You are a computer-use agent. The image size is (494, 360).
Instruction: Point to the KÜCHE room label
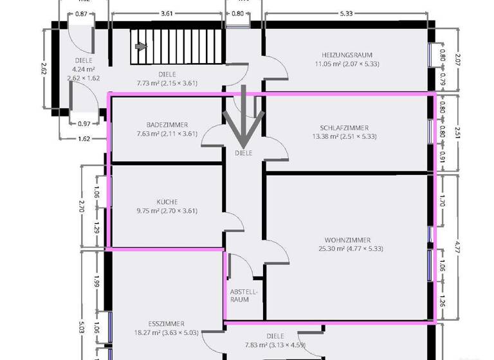click(167, 201)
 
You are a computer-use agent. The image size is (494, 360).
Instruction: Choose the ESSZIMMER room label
click(166, 323)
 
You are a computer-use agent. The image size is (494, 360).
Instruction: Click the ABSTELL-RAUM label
click(244, 296)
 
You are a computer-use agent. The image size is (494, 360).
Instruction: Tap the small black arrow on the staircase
click(141, 46)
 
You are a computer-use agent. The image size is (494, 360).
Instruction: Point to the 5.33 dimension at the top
click(345, 13)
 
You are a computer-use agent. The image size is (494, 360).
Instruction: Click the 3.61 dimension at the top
click(166, 13)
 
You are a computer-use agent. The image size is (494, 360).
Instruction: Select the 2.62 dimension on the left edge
click(44, 68)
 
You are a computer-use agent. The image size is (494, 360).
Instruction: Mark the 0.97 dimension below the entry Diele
click(84, 123)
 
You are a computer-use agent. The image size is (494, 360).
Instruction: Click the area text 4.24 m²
click(84, 69)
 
